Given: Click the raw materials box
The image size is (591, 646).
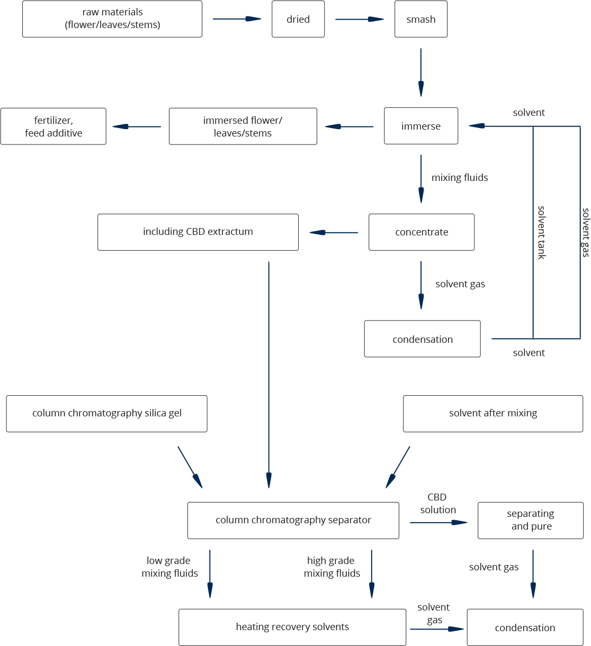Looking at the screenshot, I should [x=112, y=19].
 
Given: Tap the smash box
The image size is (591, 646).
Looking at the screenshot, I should [x=421, y=19].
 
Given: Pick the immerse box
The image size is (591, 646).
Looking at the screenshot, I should [x=421, y=126].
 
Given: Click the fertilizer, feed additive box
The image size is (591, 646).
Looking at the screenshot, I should [x=53, y=126].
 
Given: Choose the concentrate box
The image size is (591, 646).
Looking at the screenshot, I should [x=422, y=232].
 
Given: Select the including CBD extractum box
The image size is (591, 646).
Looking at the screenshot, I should [x=198, y=232].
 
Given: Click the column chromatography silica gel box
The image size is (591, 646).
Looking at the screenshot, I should [x=106, y=413].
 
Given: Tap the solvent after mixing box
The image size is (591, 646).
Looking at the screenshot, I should [x=493, y=413].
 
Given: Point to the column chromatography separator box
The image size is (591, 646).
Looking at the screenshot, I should [x=293, y=520].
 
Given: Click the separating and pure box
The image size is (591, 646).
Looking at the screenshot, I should [x=531, y=520].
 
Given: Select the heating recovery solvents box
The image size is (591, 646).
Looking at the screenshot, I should [x=292, y=627].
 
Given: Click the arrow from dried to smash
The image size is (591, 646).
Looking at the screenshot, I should [x=360, y=20].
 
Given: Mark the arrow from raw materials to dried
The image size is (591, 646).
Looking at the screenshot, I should [x=237, y=20].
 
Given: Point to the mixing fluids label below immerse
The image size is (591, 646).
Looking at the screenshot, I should [x=460, y=178].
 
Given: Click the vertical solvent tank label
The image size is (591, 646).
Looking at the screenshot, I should [x=541, y=232].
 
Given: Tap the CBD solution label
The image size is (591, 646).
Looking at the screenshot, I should [x=437, y=504].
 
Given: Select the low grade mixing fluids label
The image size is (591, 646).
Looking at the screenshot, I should [x=169, y=567].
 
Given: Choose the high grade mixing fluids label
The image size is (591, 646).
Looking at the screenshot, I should [x=332, y=567].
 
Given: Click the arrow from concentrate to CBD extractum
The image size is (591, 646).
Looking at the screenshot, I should [x=334, y=232].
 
